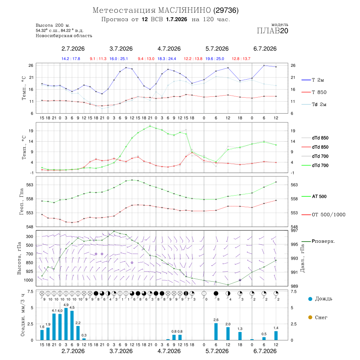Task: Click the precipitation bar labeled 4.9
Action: pyautogui.click(x=66, y=324)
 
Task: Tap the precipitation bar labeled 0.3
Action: pyautogui.click(x=84, y=339)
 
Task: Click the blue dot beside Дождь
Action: pyautogui.click(x=310, y=299)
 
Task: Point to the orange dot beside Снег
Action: pyautogui.click(x=310, y=317)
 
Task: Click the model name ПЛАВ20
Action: pyautogui.click(x=272, y=31)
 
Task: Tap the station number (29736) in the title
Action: pyautogui.click(x=226, y=10)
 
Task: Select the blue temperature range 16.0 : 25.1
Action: pyautogui.click(x=118, y=59)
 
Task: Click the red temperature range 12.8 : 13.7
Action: pyautogui.click(x=241, y=59)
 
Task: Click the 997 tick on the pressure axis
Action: pyautogui.click(x=294, y=230)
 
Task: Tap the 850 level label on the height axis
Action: pyautogui.click(x=29, y=263)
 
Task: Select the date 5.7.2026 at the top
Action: pyautogui.click(x=217, y=49)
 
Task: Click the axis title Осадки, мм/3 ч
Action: pyautogui.click(x=23, y=315)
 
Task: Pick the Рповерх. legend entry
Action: pyautogui.click(x=318, y=241)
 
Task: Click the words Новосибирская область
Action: pyautogui.click(x=64, y=36)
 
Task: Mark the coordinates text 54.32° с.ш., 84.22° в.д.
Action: pyautogui.click(x=60, y=30)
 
